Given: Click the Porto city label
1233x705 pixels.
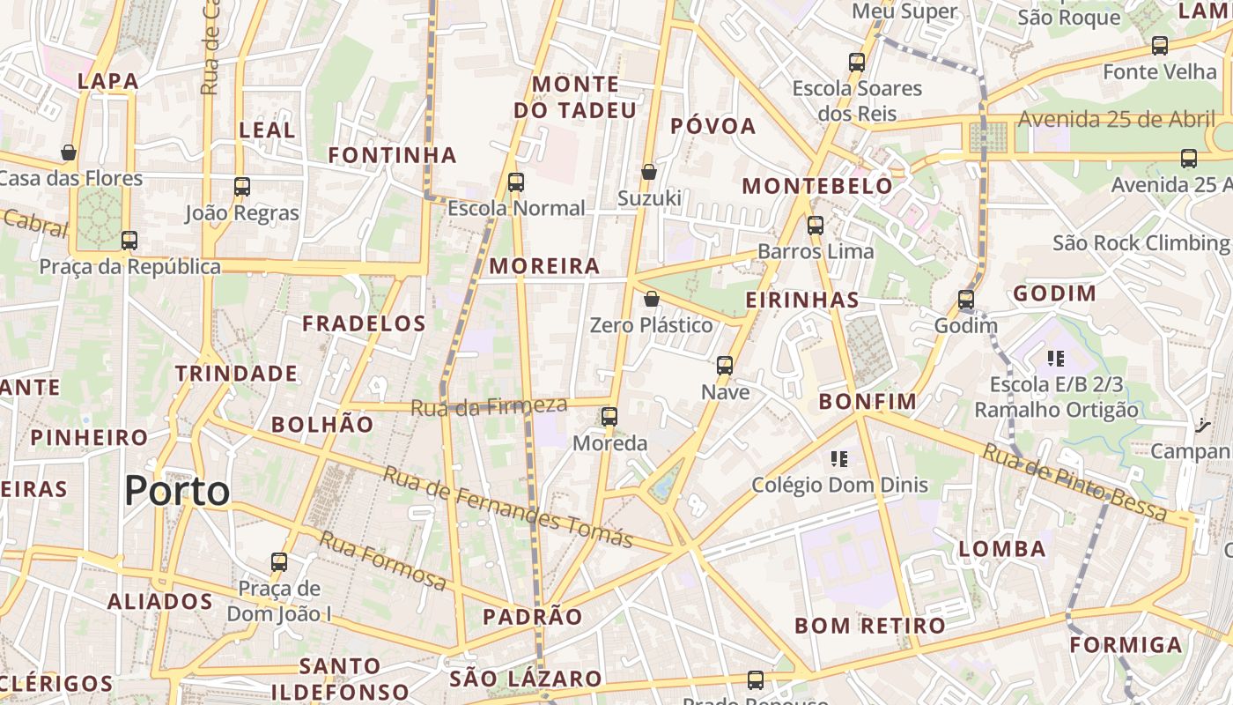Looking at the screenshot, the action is click(x=177, y=490).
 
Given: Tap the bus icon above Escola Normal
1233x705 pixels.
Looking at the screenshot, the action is click(x=516, y=182).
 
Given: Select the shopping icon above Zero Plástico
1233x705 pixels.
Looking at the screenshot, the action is click(x=652, y=299).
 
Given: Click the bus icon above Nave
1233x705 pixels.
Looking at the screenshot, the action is click(x=725, y=365).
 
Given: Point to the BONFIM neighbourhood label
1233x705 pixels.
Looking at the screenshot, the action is click(x=868, y=402).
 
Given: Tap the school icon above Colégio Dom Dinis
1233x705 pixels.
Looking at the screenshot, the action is click(x=839, y=458).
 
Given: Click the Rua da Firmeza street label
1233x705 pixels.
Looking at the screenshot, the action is click(x=489, y=406).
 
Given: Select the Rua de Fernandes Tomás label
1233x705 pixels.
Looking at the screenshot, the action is click(x=508, y=506).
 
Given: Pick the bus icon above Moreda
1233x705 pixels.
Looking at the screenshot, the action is click(x=609, y=417).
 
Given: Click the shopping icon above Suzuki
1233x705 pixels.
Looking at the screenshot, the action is click(x=649, y=172).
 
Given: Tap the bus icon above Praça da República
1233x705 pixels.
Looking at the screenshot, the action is click(x=129, y=240).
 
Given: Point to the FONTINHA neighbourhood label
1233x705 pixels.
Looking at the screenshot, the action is click(x=393, y=156).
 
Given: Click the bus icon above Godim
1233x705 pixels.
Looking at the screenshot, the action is click(x=966, y=300).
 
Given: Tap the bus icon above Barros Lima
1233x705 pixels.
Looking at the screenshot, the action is click(x=816, y=225).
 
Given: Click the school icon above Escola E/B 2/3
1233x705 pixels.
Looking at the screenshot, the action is click(x=1056, y=358).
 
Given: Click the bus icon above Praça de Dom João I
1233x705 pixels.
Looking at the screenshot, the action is click(x=279, y=561).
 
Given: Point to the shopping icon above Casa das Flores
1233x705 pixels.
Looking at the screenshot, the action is click(x=69, y=152).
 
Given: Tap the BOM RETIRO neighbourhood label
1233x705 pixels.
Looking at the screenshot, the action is click(x=870, y=626).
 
